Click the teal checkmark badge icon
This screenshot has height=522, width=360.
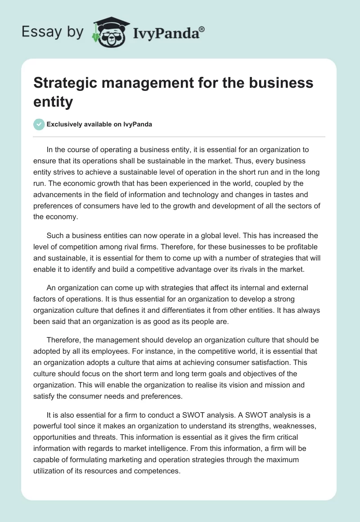click(x=39, y=124)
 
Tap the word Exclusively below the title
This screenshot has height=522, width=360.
click(x=67, y=124)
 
